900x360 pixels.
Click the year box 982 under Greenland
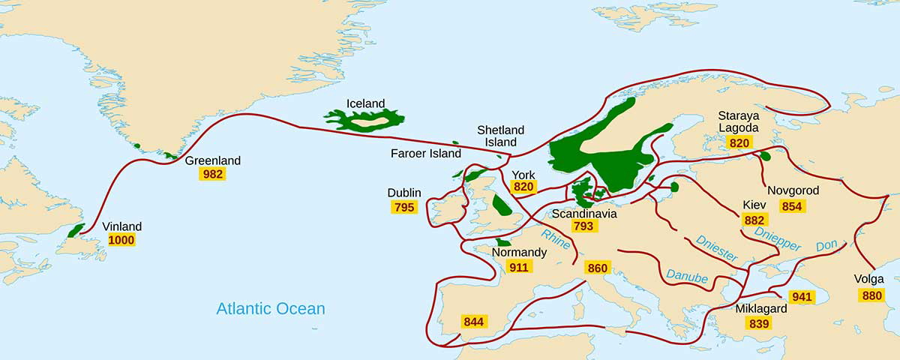212,174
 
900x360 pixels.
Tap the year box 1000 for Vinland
121,240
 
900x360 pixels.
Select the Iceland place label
365,103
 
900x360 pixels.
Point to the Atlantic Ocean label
270,308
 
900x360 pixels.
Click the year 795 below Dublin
403,207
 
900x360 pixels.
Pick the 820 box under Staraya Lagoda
739,142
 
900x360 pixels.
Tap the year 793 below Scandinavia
584,226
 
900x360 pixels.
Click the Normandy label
519,253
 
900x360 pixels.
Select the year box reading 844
473,322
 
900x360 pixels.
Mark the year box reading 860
598,268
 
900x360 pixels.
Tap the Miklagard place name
760,309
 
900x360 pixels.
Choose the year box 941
801,296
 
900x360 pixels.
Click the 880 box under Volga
872,295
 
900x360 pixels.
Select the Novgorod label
793,190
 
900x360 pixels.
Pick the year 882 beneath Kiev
754,220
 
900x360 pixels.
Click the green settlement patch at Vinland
76,230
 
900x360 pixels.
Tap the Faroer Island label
426,154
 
